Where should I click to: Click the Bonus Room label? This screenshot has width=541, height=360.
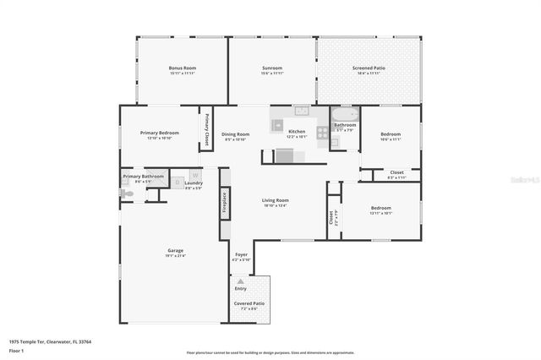pyautogui.click(x=182, y=67)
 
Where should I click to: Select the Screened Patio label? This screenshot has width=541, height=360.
pyautogui.click(x=369, y=67)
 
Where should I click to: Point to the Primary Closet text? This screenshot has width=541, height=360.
pyautogui.click(x=206, y=130)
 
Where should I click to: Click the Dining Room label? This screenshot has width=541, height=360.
pyautogui.click(x=236, y=134)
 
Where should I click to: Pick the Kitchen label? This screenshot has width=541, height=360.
pyautogui.click(x=297, y=132)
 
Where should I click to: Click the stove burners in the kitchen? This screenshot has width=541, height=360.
pyautogui.click(x=321, y=132)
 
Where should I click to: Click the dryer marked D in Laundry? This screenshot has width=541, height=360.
pyautogui.click(x=178, y=181)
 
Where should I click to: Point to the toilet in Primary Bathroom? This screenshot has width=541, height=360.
pyautogui.click(x=128, y=194)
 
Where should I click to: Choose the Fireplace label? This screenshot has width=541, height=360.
pyautogui.click(x=225, y=204)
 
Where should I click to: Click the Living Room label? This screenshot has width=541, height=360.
pyautogui.click(x=276, y=200)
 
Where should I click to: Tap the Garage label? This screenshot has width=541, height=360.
pyautogui.click(x=176, y=250)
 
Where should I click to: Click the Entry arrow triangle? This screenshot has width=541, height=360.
pyautogui.click(x=241, y=281)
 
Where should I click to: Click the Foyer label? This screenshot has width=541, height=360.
pyautogui.click(x=241, y=254)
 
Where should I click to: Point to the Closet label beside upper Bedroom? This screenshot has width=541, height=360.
pyautogui.click(x=396, y=172)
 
